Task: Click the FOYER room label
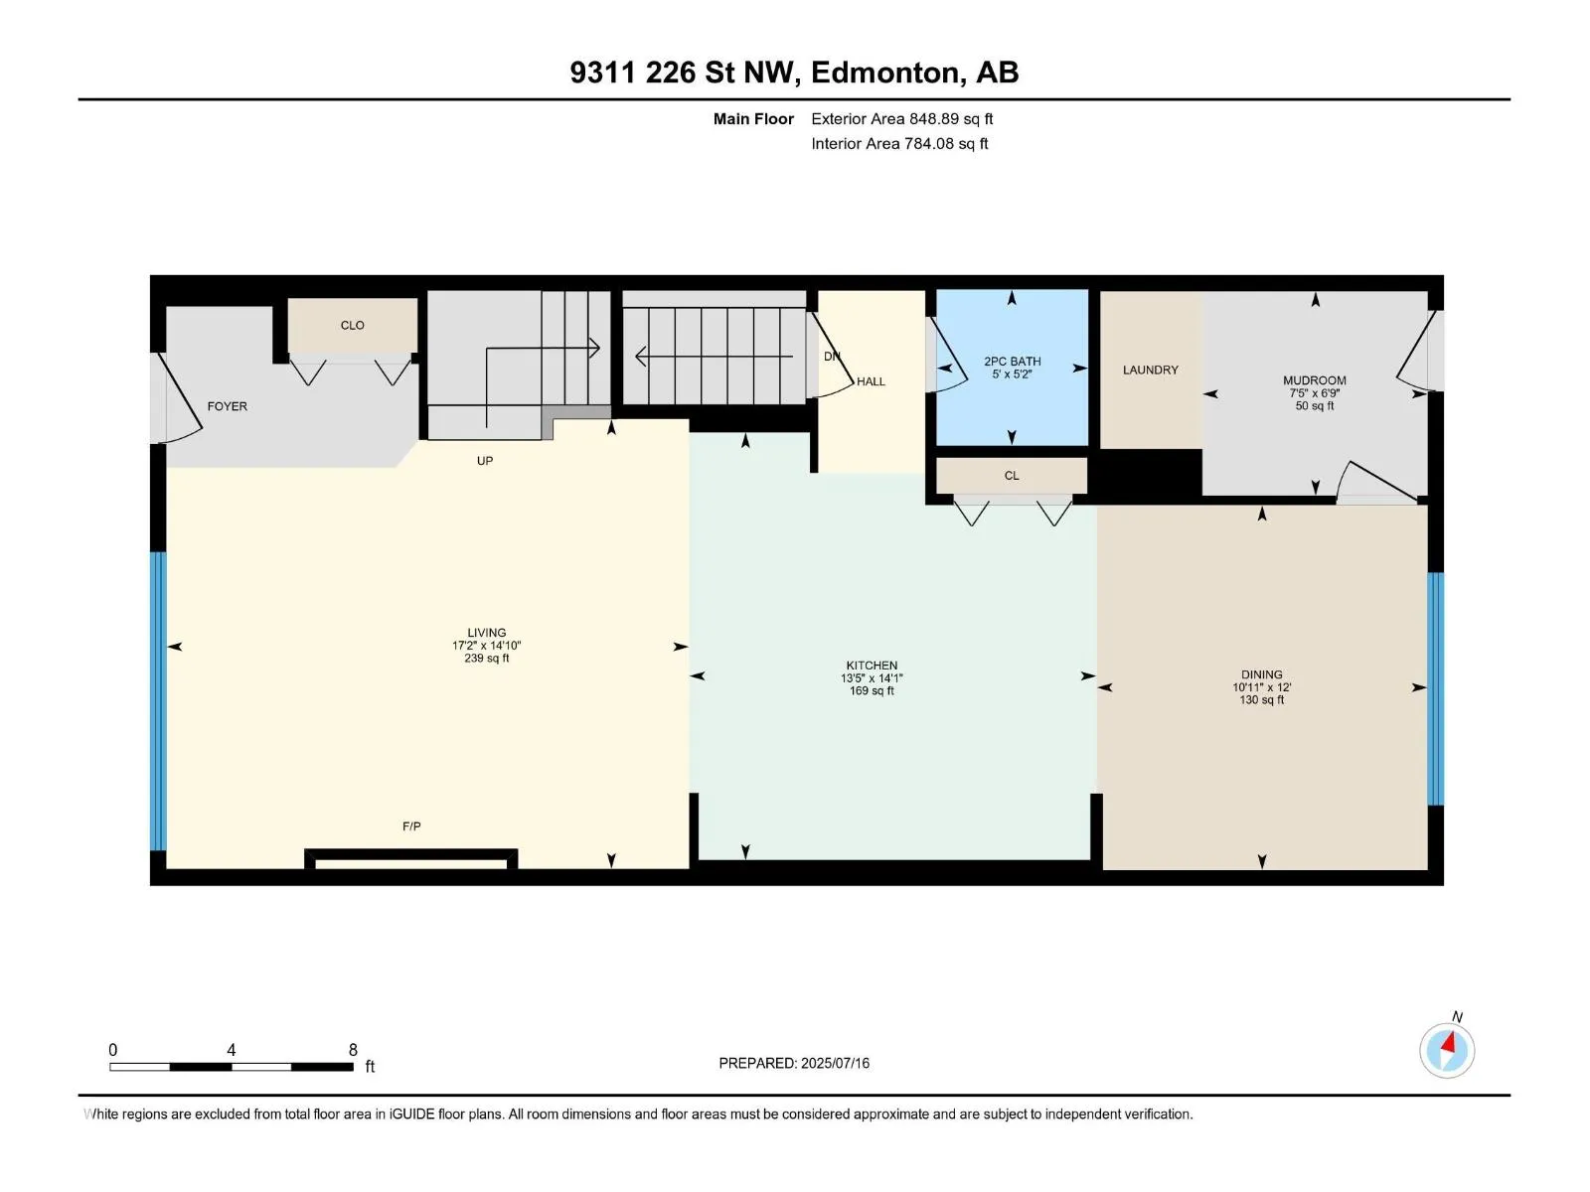tap(227, 406)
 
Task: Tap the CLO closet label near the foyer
tap(352, 325)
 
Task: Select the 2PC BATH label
tap(1012, 362)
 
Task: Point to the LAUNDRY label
tap(1151, 370)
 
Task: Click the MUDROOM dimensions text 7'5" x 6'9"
tap(1314, 393)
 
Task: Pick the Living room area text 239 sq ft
tap(486, 658)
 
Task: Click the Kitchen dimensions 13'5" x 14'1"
tap(872, 678)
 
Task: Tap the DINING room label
tap(1261, 673)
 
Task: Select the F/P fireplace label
tap(411, 825)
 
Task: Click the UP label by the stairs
tap(485, 460)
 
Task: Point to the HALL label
tap(871, 381)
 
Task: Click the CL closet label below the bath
tap(1012, 476)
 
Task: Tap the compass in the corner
tap(1447, 1050)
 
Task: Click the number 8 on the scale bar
tap(353, 1049)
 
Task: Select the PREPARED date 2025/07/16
tap(835, 1063)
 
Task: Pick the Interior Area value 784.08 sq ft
tap(946, 143)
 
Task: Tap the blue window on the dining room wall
tap(1435, 688)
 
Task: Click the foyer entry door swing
tap(181, 398)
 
